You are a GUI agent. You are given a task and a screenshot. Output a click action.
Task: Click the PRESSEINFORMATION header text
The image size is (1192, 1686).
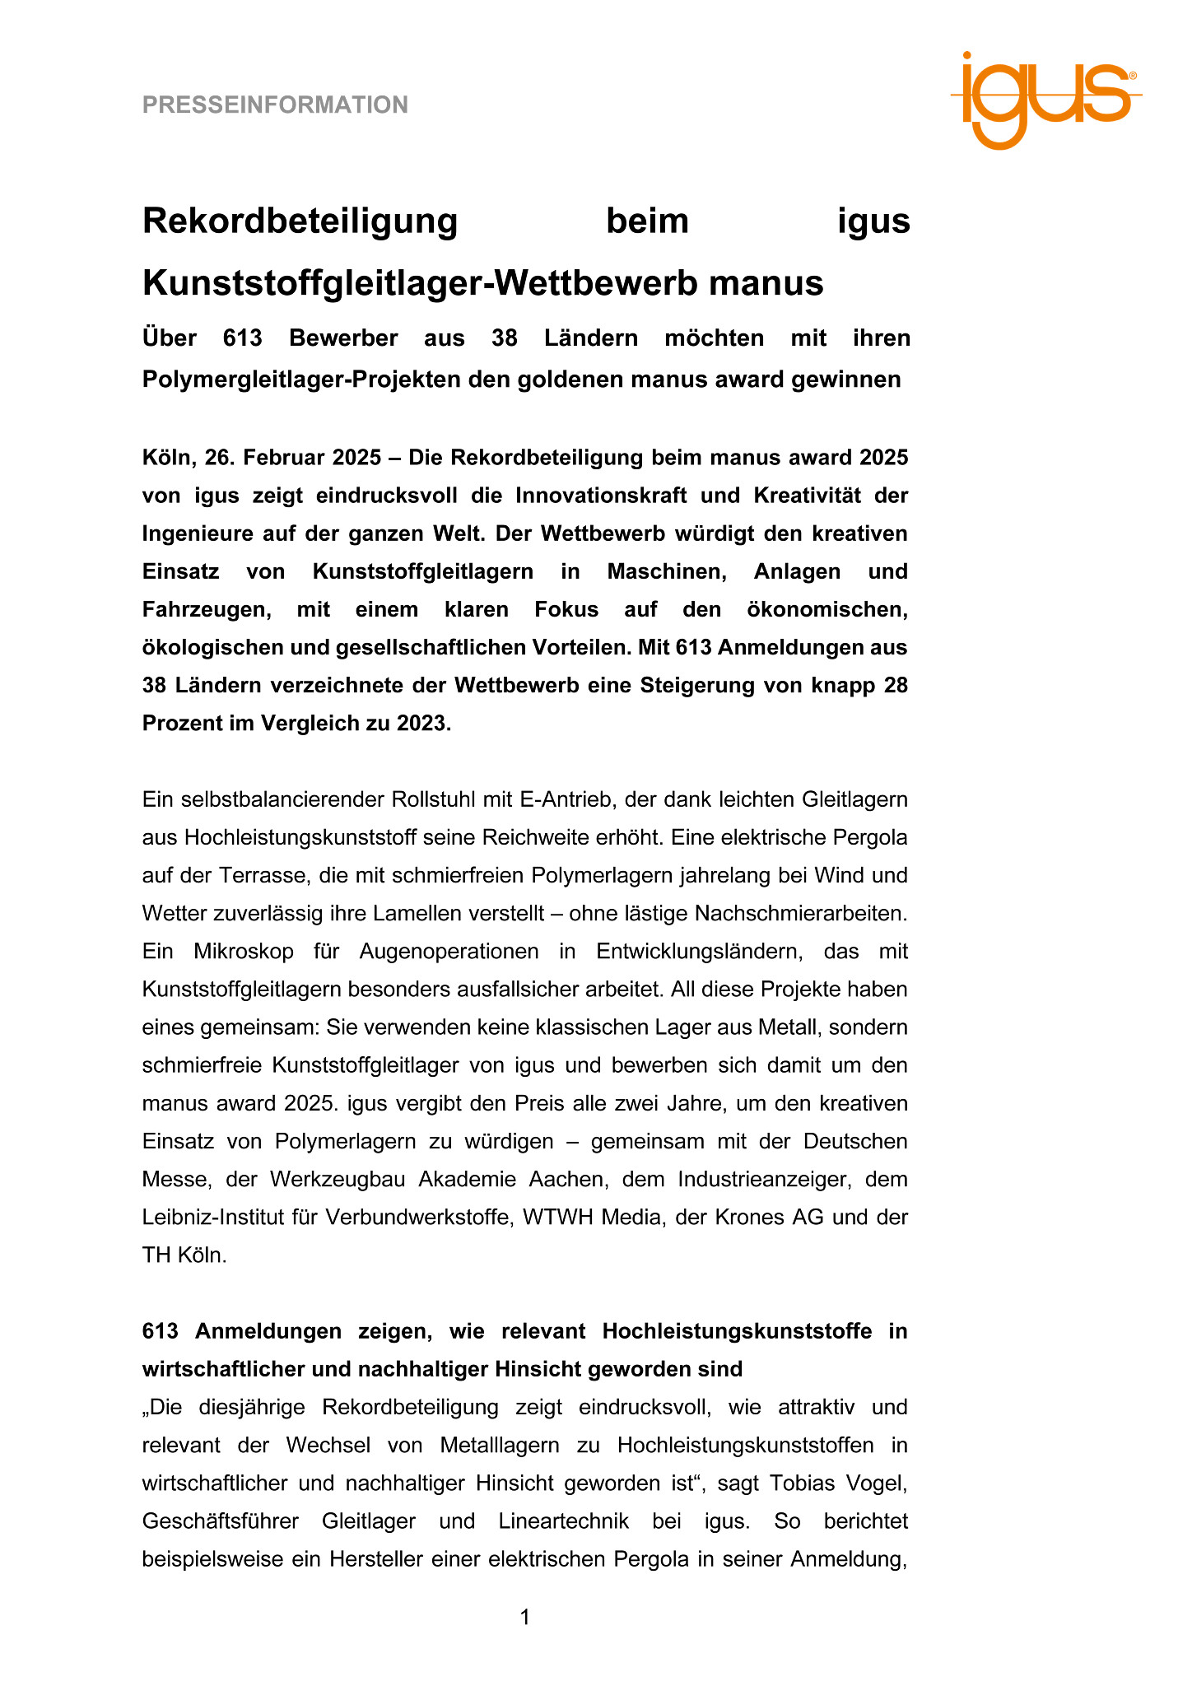(275, 105)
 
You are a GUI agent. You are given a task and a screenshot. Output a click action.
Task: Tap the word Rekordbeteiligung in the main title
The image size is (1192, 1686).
(300, 221)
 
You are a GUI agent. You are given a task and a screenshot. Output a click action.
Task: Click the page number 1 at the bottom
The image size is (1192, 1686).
(525, 1618)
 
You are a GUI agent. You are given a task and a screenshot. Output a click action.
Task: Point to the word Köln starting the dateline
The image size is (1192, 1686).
(165, 458)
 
